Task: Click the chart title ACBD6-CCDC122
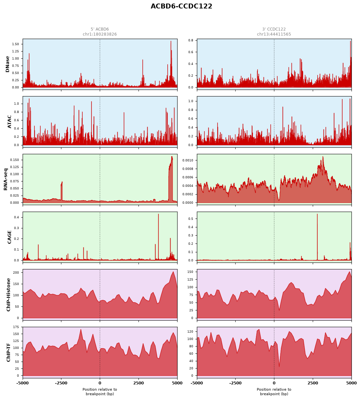pos(181,6)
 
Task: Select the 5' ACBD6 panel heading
pos(100,29)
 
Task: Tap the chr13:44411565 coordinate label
pos(274,34)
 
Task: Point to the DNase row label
pos(8,64)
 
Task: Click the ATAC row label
pos(9,122)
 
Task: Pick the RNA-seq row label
pos(6,179)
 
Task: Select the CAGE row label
pos(9,237)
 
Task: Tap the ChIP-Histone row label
pos(9,295)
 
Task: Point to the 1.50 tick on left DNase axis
pos(15,44)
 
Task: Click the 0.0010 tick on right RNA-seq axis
pos(188,160)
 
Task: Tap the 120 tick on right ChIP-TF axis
pos(191,331)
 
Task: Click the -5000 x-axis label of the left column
pos(23,383)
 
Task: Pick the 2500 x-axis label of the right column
pos(313,383)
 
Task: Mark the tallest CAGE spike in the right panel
pos(317,214)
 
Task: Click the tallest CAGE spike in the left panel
pos(159,214)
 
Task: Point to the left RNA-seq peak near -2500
pos(62,182)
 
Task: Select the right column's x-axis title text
pos(274,391)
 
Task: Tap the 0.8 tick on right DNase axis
pos(191,40)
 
